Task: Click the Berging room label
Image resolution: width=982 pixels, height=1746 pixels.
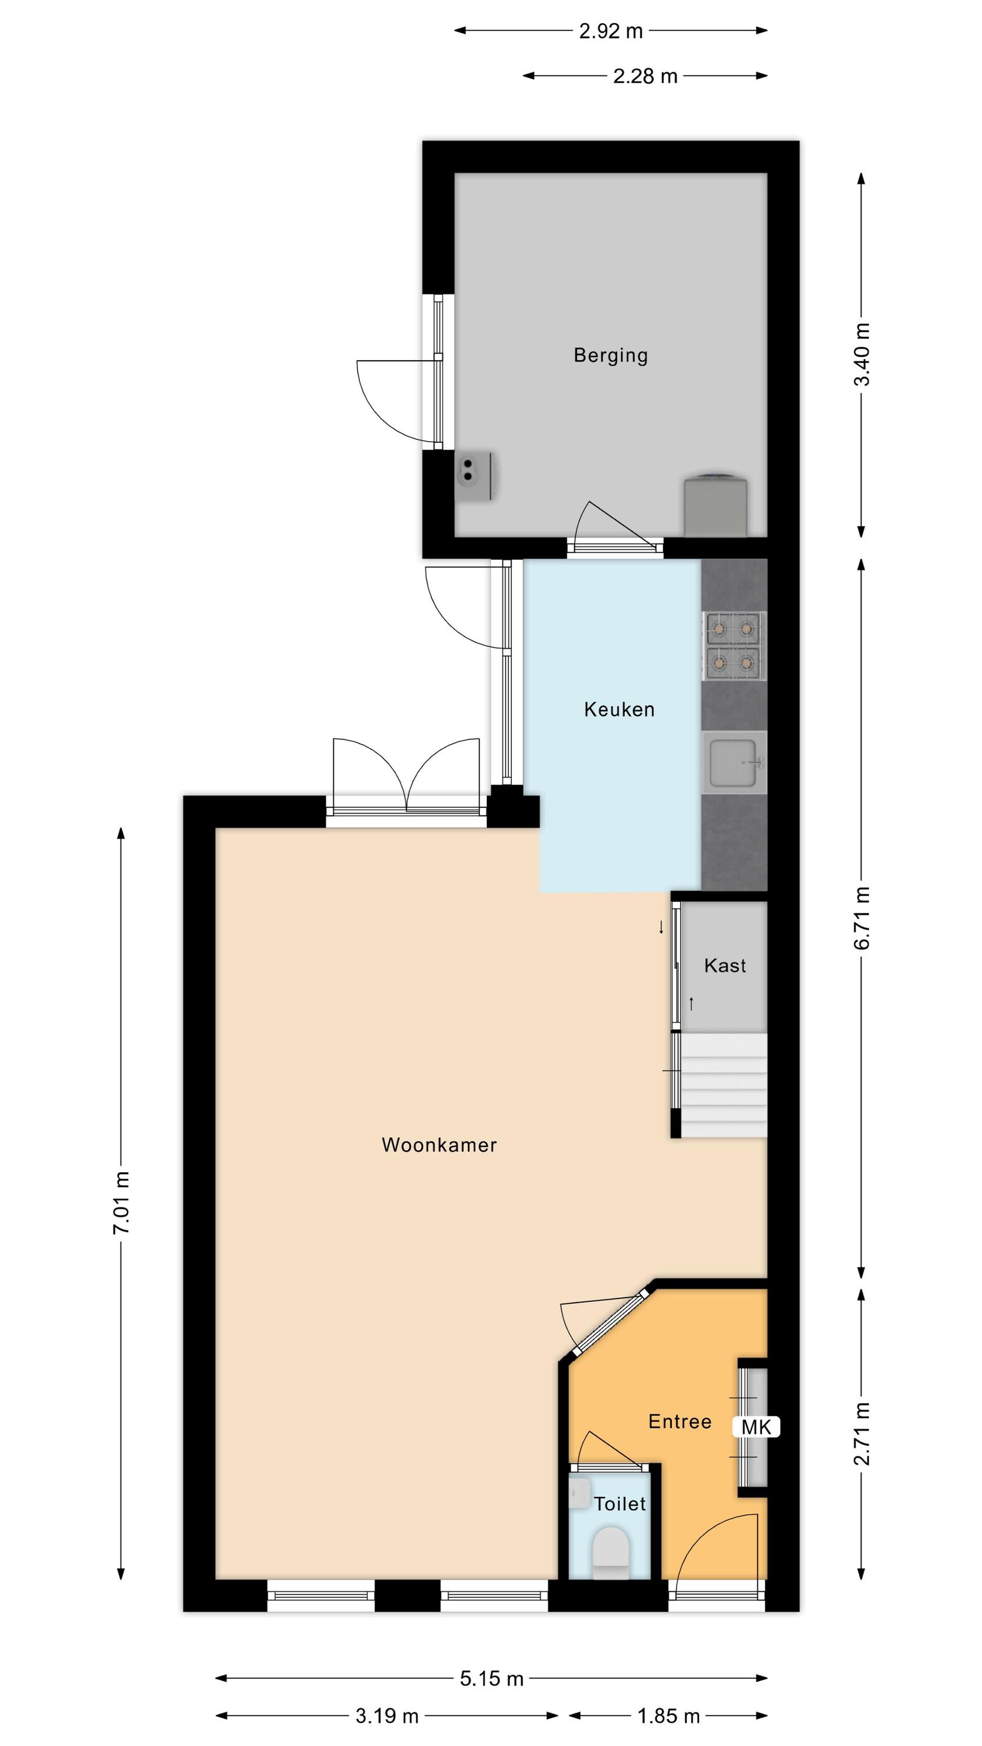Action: coord(611,355)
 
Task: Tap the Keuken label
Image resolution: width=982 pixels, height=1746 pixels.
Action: coord(620,709)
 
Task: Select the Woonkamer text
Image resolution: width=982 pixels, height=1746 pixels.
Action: coord(439,1145)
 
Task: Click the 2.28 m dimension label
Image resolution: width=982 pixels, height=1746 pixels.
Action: coord(645,76)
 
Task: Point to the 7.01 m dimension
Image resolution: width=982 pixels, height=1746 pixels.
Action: coord(122,1202)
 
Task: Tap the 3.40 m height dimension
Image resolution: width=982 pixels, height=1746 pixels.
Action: coord(862,354)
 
